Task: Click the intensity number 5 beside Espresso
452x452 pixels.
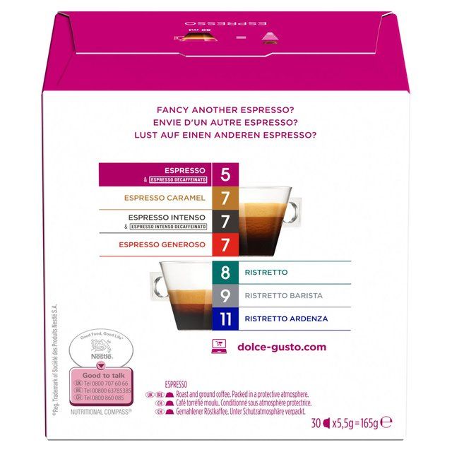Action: click(225, 174)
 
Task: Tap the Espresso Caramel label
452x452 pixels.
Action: click(165, 198)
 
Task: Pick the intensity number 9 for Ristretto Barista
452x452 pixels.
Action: click(225, 295)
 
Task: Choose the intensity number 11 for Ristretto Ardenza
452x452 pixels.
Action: click(225, 319)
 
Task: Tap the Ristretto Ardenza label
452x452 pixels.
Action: click(286, 319)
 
